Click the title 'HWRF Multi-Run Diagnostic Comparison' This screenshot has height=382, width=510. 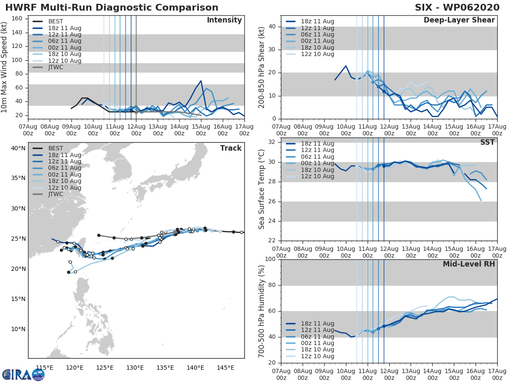[112, 8]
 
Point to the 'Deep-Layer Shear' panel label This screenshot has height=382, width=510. [459, 20]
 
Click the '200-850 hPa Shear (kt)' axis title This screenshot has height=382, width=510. [262, 67]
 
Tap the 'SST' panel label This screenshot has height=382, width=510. [488, 142]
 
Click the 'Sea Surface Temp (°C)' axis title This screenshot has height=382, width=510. [262, 189]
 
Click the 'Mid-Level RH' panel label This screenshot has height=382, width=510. [469, 264]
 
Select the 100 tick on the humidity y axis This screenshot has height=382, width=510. [271, 259]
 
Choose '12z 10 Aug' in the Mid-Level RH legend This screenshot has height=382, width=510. [310, 356]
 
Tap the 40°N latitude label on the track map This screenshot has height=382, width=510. [18, 148]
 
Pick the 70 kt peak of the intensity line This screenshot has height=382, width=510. [201, 81]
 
